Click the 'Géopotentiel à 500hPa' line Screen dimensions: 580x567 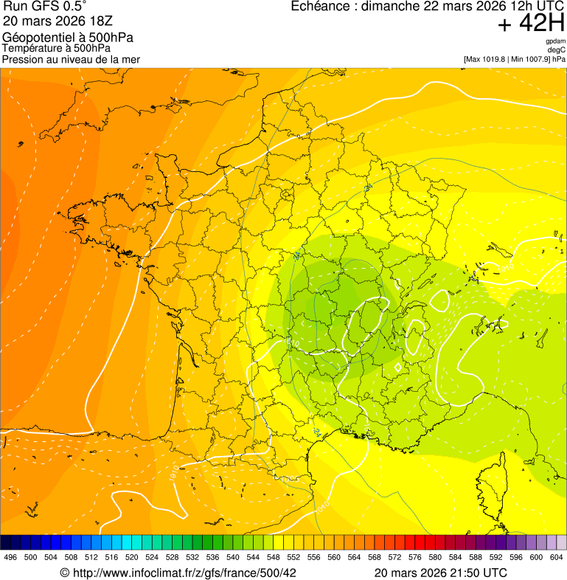click(x=68, y=38)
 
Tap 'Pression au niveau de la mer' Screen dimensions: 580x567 click(x=71, y=59)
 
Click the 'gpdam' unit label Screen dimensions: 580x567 click(x=555, y=41)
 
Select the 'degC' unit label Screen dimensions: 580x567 click(x=557, y=50)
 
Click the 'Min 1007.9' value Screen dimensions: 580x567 click(x=530, y=59)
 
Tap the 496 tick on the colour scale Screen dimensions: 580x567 click(x=10, y=558)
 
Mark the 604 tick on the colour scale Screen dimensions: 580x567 click(x=557, y=558)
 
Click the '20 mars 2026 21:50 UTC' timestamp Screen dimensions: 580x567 click(x=440, y=573)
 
